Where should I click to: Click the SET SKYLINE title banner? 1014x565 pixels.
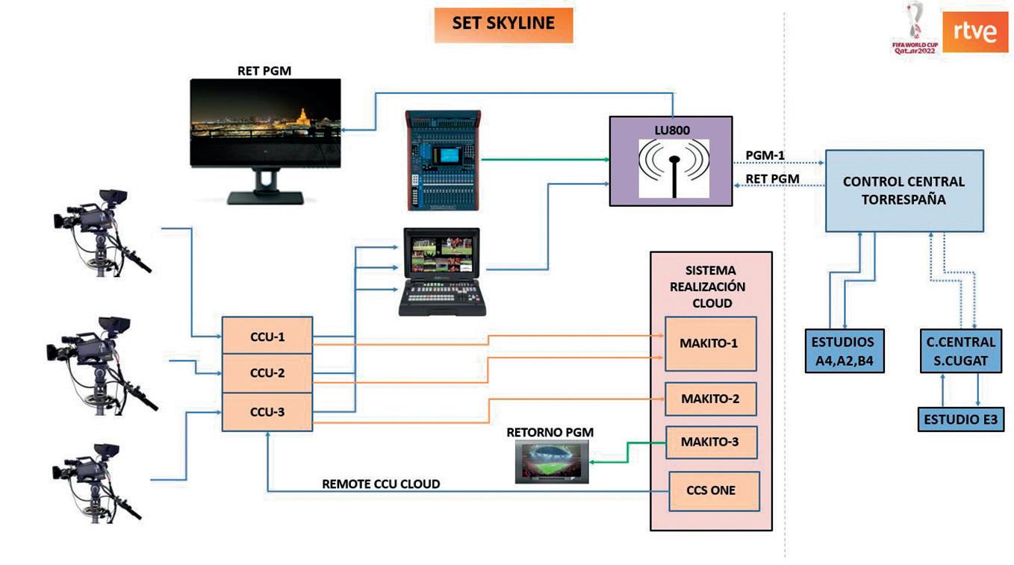(x=503, y=24)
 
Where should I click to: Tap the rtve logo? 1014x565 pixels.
(x=975, y=31)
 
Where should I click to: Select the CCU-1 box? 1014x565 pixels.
(x=267, y=337)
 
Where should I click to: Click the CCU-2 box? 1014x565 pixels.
(x=267, y=373)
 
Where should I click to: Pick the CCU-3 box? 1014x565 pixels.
(x=267, y=411)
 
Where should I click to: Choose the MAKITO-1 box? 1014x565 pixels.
(x=710, y=343)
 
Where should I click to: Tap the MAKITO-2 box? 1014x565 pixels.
(x=710, y=399)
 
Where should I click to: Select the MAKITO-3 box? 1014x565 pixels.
(x=710, y=442)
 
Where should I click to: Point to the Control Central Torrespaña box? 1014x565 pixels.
(x=903, y=190)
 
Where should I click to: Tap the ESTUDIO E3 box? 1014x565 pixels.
(x=960, y=419)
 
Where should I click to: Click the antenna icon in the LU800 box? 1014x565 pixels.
(x=674, y=167)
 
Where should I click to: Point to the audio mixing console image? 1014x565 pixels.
(x=444, y=160)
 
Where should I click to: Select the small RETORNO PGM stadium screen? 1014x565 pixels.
(x=551, y=461)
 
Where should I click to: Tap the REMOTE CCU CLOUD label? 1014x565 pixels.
(x=381, y=484)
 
